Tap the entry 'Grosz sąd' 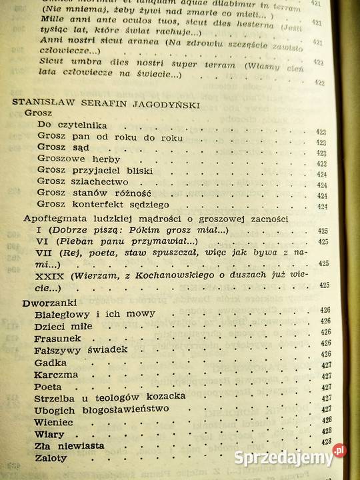(x=63, y=147)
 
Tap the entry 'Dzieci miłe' (x=63, y=325)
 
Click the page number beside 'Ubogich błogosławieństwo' (x=327, y=409)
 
